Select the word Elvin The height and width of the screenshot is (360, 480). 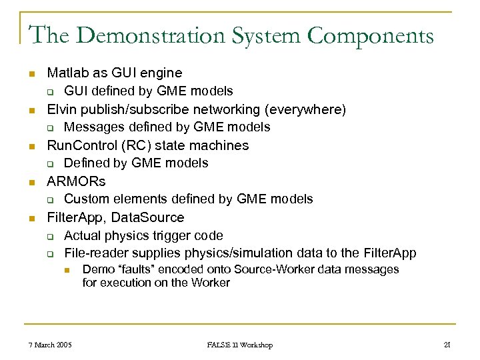point(61,109)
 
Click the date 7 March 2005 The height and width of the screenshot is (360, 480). point(51,345)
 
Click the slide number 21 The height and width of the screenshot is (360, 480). point(447,345)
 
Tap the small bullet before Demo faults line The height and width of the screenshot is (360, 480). point(67,270)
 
